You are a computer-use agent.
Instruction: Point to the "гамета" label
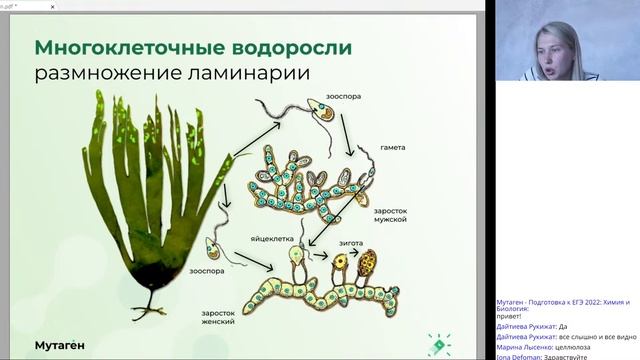click(392, 147)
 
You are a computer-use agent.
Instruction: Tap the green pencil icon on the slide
click(437, 343)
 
